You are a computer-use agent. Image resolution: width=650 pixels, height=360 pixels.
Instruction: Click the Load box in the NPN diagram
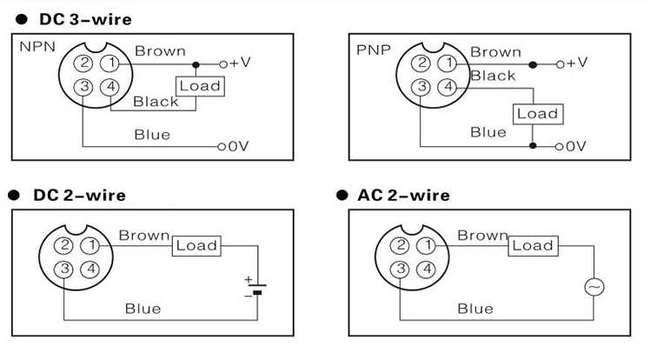[199, 86]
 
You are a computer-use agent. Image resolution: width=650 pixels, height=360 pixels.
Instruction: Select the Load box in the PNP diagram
[536, 114]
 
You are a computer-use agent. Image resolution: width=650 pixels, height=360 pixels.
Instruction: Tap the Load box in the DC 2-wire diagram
[196, 246]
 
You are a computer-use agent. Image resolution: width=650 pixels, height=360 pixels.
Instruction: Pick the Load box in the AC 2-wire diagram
[532, 246]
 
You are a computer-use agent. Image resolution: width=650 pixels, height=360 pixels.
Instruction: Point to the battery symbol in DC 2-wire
[255, 288]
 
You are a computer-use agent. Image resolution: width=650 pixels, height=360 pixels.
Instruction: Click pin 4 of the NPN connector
[109, 86]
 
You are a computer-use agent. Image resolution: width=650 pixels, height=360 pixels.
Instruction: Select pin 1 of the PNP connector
[447, 63]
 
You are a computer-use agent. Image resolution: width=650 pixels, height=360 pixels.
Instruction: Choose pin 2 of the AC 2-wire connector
[400, 246]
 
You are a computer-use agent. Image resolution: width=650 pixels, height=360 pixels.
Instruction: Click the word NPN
[36, 44]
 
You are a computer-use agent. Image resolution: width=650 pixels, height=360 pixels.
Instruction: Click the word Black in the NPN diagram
[156, 102]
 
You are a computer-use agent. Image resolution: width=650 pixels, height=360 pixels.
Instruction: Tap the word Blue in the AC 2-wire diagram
[475, 308]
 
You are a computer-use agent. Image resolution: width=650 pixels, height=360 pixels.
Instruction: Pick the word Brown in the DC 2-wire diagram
[144, 235]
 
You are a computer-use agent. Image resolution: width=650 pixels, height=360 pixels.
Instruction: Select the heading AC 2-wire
[404, 195]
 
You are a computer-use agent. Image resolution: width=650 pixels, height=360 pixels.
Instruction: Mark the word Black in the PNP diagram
[494, 77]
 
